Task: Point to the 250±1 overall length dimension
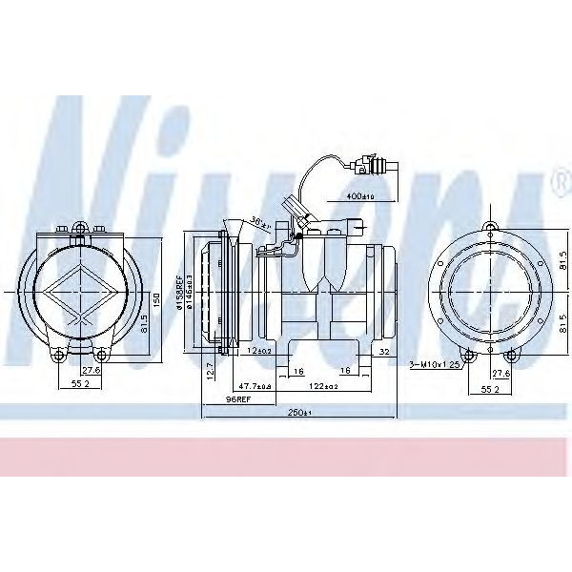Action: point(298,412)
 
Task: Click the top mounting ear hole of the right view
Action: point(490,227)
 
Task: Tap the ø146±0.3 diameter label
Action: point(192,289)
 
